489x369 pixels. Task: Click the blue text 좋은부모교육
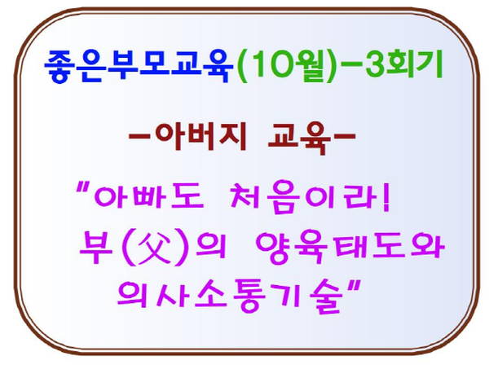click(139, 66)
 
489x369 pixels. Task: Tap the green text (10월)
click(287, 66)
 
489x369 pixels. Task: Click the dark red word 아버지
click(201, 136)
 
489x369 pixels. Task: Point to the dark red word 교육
click(299, 138)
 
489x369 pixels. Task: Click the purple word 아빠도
click(149, 195)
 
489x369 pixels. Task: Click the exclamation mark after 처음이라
click(386, 196)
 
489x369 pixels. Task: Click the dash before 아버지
click(139, 136)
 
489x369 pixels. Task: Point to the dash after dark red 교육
click(345, 136)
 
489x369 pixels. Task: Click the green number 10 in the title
click(272, 66)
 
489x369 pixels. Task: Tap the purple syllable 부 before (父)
click(95, 247)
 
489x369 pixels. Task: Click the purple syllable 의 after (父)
click(211, 246)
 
